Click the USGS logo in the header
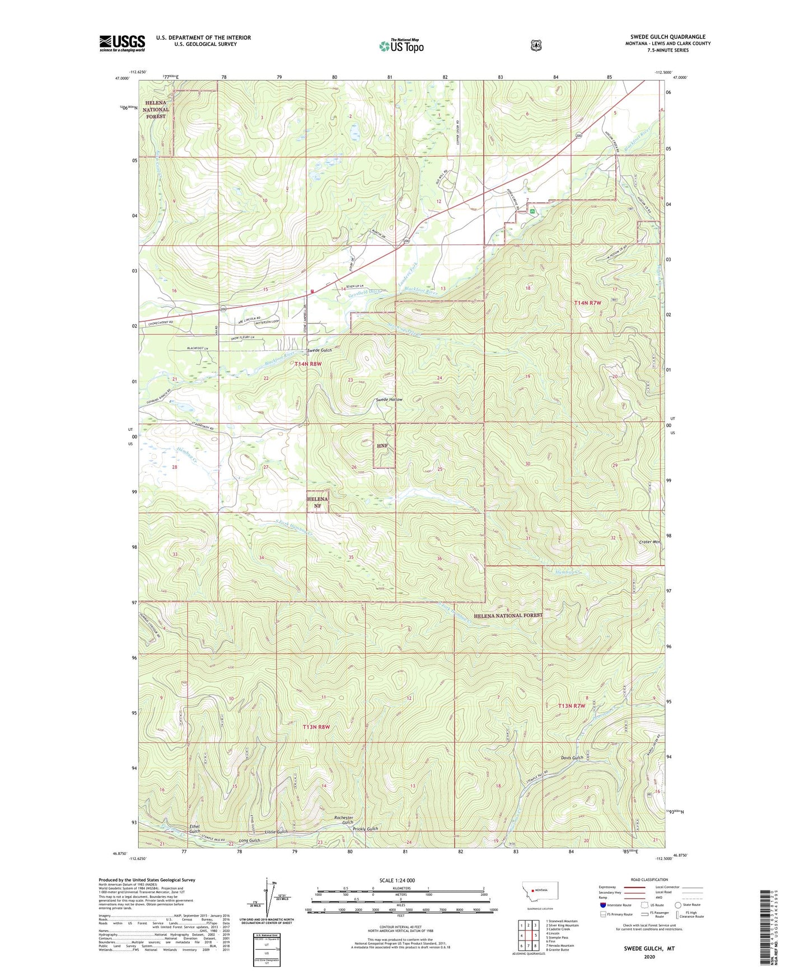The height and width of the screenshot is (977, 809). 122,43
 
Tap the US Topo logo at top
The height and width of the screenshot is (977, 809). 400,46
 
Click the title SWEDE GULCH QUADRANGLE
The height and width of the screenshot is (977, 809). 667,37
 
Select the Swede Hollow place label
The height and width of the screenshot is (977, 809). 389,400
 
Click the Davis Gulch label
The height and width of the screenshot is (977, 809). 572,758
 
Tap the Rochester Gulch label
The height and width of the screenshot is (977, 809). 343,820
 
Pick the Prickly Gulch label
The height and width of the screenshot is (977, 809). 365,829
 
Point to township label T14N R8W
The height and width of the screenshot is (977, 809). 308,364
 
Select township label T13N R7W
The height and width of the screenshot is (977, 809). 572,706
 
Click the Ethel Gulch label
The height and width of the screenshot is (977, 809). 194,829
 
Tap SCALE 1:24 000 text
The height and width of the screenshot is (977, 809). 397,880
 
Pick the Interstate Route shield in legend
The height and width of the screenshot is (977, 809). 602,904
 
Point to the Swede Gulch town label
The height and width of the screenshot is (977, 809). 320,350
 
